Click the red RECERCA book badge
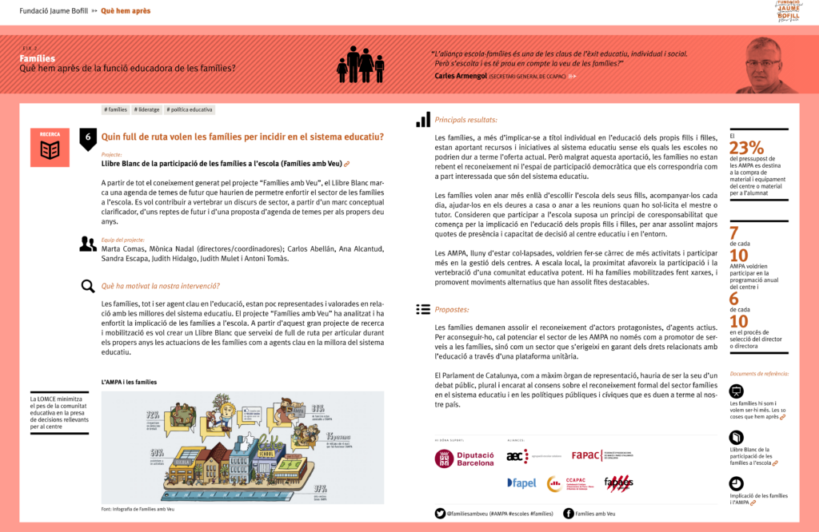coord(50,147)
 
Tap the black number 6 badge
coord(88,137)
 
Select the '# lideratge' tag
coord(148,109)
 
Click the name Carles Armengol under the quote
coord(460,76)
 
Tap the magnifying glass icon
coord(88,286)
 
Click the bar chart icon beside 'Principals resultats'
coord(423,120)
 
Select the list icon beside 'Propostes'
coord(423,309)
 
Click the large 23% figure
coord(746,148)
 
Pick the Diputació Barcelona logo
coord(465,459)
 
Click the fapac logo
coord(587,455)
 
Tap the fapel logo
coord(521,483)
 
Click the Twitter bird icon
coord(440,514)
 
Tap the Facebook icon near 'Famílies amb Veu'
coord(568,514)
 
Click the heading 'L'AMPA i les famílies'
coord(129,383)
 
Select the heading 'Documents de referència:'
coord(759,374)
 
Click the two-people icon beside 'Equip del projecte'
coord(88,244)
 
